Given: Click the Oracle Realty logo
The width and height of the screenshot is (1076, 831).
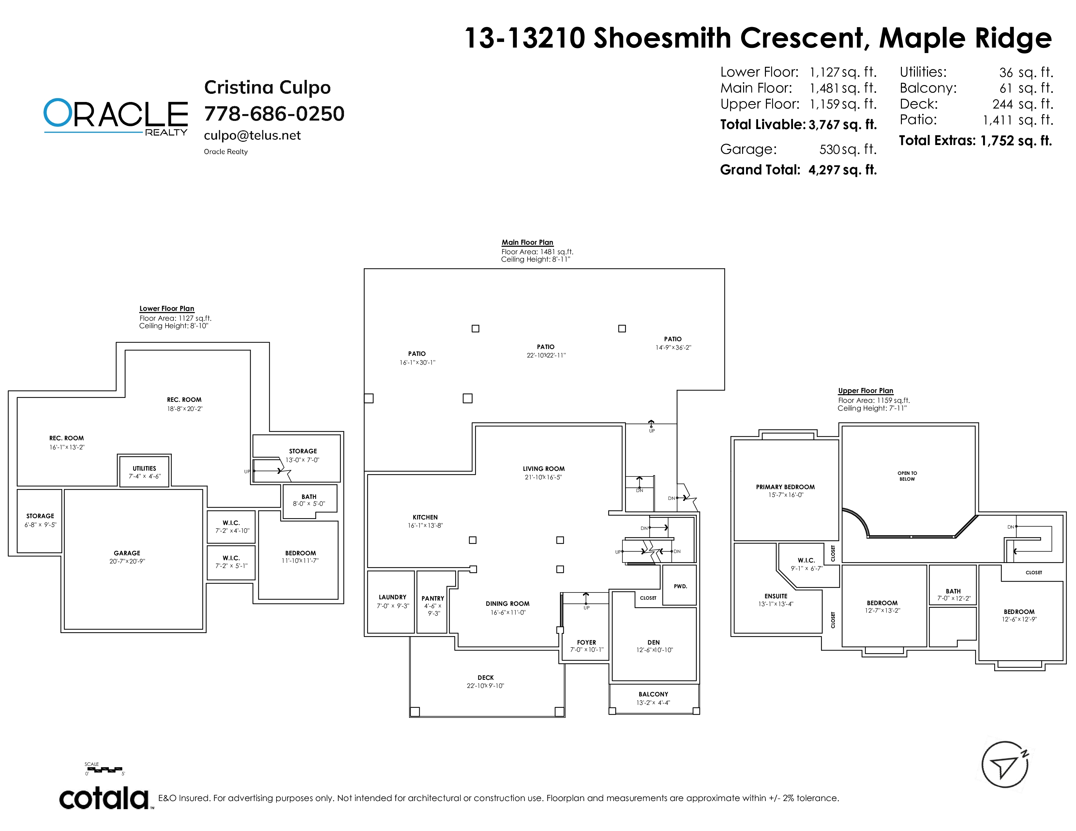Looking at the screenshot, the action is pos(116,116).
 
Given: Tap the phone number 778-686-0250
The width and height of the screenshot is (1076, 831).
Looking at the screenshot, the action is pos(274,114).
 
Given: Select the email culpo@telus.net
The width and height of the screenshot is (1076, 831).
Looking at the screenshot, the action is pos(252,135).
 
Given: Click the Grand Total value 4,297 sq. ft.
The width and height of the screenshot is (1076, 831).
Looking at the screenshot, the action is pos(843,170).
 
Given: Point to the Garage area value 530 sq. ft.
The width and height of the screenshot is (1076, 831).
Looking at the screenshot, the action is pos(848,149).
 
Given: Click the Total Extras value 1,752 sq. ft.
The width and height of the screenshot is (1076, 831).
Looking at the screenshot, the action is pos(1016,141).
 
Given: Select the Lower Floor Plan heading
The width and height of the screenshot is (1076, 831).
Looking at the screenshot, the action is pos(167,309).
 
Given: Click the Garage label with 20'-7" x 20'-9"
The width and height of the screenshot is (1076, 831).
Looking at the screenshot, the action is pos(127,557).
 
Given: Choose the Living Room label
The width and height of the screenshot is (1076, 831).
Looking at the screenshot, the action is pos(544,473).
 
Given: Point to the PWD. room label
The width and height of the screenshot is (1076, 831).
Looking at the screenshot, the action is pos(680,586).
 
